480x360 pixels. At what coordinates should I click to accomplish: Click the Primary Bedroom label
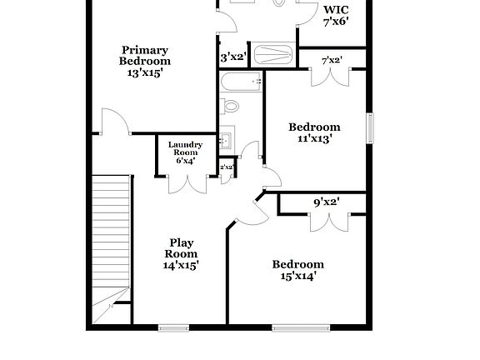point(145,55)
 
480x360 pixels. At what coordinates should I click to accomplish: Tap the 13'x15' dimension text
point(145,73)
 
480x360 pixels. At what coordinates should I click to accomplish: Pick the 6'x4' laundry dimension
point(185,160)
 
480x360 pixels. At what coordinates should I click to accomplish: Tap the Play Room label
point(181,247)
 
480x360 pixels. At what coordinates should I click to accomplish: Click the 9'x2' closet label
point(326,202)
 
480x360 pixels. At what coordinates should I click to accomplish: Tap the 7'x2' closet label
point(332,60)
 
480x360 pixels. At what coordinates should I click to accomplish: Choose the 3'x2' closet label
point(232,58)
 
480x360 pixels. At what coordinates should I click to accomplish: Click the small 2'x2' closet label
point(226,167)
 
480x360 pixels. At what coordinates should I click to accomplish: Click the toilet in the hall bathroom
point(229,106)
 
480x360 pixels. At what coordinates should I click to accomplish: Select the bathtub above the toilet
point(241,82)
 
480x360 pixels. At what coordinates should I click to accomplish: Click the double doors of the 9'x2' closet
point(326,222)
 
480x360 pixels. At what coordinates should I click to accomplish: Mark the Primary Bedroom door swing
point(115,123)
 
